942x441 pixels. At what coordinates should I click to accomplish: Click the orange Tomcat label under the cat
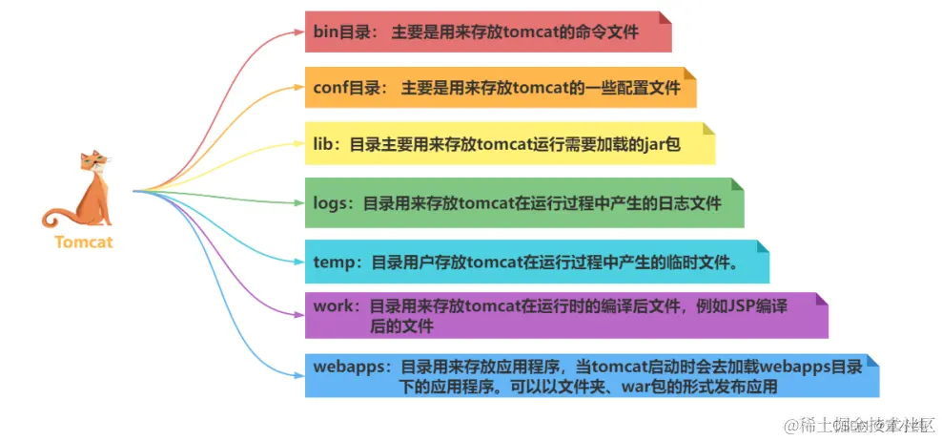tap(83, 241)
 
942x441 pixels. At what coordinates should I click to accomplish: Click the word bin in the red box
tap(326, 31)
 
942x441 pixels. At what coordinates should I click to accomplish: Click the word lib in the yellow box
tap(324, 145)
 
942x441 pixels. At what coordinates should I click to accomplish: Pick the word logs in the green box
tap(331, 202)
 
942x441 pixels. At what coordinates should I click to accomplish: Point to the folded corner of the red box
tap(664, 17)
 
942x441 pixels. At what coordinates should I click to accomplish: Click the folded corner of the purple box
tap(820, 300)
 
